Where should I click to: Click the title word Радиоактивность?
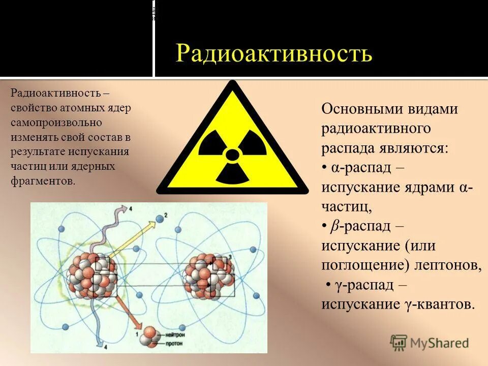click(x=274, y=53)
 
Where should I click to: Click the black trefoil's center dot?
click(x=232, y=155)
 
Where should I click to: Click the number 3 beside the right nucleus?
click(x=230, y=257)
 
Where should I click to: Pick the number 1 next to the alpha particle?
click(x=137, y=334)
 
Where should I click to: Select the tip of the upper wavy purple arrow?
click(x=124, y=208)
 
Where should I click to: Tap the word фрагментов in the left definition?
click(x=43, y=180)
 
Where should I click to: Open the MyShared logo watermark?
click(x=429, y=343)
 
